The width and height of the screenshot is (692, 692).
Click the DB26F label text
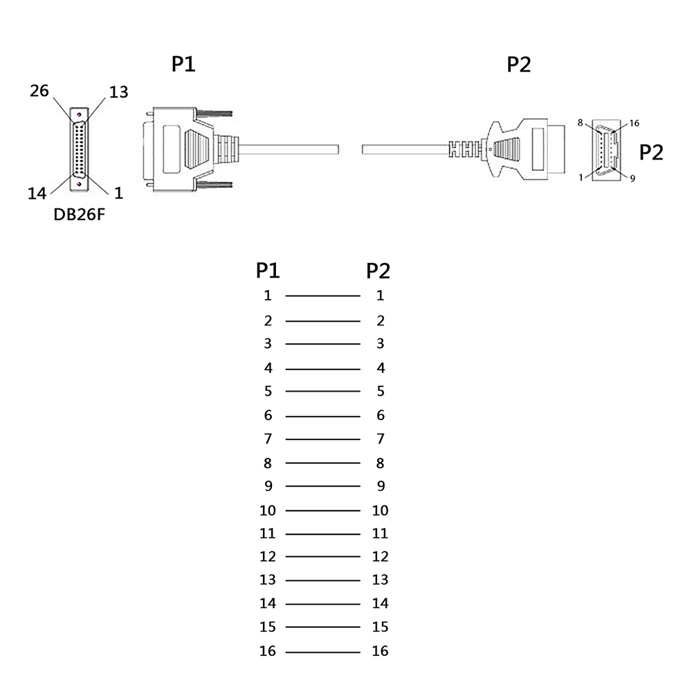click(80, 215)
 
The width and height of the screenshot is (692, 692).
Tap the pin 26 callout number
click(39, 91)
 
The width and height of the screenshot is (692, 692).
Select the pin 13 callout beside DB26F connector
click(118, 92)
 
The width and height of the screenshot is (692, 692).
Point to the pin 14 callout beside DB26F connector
click(37, 194)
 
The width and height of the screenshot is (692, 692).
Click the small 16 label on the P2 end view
click(635, 124)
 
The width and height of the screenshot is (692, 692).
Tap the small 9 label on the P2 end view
click(632, 178)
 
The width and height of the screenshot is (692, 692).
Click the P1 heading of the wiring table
click(268, 270)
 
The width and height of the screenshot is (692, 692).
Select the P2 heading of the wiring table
click(379, 270)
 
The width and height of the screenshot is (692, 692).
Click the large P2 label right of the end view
click(650, 152)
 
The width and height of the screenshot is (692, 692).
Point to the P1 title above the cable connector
click(183, 64)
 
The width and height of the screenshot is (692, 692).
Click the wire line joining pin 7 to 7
click(322, 439)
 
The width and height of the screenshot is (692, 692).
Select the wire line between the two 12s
click(322, 557)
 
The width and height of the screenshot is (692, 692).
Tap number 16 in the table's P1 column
click(268, 650)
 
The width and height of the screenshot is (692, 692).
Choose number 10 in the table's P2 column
click(381, 511)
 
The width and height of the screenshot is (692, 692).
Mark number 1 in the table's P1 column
click(268, 295)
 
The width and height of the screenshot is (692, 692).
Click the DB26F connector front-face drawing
click(80, 149)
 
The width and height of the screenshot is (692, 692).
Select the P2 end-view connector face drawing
click(606, 150)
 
